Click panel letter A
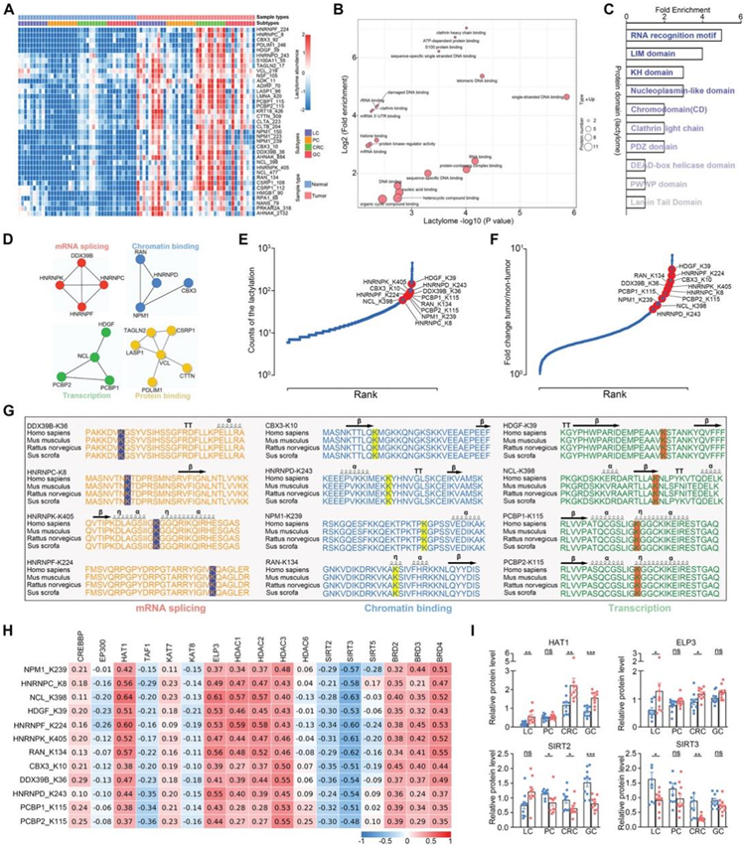coord(8,9)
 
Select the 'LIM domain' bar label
coord(651,54)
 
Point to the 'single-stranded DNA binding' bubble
coord(565,96)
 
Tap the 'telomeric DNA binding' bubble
coord(483,76)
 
